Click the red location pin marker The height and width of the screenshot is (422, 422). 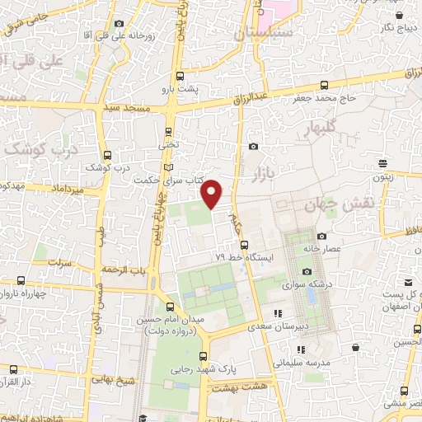pyautogui.click(x=213, y=194)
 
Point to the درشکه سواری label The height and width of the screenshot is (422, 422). pyautogui.click(x=302, y=285)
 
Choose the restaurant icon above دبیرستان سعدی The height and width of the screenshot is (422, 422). pyautogui.click(x=279, y=313)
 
